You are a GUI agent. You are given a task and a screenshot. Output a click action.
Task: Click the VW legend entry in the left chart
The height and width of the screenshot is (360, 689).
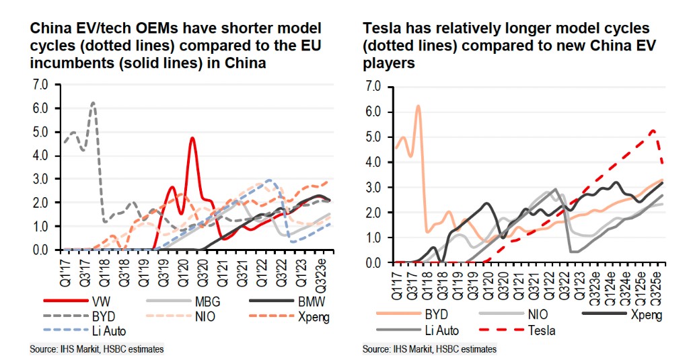click(x=97, y=301)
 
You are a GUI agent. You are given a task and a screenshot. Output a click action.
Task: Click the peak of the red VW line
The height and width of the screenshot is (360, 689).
click(x=192, y=138)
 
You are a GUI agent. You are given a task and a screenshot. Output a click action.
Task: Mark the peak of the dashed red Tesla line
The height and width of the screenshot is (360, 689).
click(x=652, y=131)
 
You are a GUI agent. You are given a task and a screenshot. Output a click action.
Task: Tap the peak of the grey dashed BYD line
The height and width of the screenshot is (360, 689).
click(x=93, y=102)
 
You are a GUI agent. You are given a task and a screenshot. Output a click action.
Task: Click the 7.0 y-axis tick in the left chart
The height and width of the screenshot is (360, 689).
click(x=40, y=85)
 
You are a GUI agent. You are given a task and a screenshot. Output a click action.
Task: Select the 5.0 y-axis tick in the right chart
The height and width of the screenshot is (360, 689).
click(x=372, y=137)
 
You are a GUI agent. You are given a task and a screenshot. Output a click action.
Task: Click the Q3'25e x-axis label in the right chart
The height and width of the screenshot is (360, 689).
click(x=661, y=283)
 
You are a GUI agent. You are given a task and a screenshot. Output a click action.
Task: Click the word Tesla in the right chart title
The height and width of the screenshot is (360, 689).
click(x=384, y=30)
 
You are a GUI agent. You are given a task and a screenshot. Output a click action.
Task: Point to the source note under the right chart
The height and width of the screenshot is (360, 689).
click(x=429, y=349)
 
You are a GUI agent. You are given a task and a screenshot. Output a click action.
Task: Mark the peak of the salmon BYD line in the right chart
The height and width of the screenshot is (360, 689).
click(x=418, y=106)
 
